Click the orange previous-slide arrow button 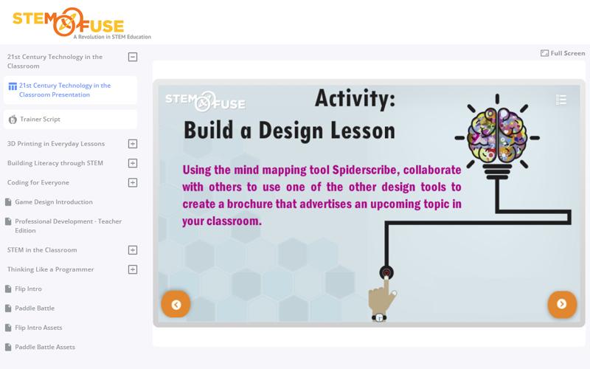point(176,304)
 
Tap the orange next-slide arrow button point(562,304)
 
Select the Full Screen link point(563,53)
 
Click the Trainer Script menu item point(40,120)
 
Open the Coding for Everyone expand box point(133,182)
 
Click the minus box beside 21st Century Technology point(133,57)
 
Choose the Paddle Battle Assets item point(45,347)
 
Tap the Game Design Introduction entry point(53,202)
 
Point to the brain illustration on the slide point(497,134)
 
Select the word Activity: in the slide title point(355,98)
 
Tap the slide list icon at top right point(561,100)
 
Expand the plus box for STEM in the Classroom point(133,250)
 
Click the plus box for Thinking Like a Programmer point(133,269)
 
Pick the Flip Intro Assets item point(38,328)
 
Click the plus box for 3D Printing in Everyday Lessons point(133,144)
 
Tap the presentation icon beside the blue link point(13,86)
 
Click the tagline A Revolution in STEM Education point(112,37)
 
